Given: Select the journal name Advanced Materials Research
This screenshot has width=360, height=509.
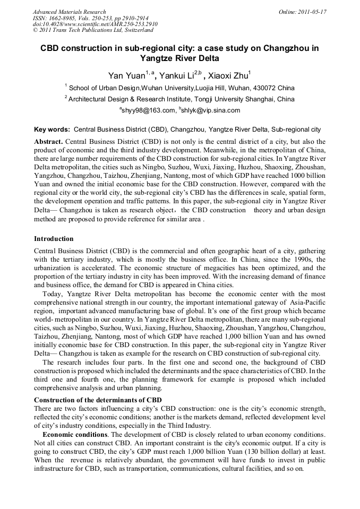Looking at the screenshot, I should click(x=69, y=12).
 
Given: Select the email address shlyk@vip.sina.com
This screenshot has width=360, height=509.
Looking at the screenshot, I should click(x=211, y=110).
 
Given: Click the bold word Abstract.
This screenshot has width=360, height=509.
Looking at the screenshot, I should click(x=48, y=142).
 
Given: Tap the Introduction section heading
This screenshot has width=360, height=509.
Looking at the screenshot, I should click(x=54, y=239).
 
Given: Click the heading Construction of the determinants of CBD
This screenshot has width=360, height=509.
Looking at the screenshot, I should click(x=98, y=400).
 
